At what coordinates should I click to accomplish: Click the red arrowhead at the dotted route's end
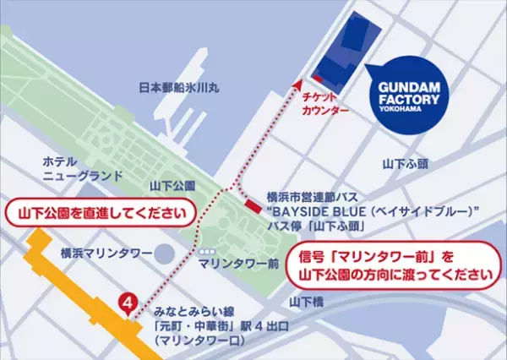click(298, 84)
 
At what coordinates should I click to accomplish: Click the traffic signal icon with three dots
click(202, 250)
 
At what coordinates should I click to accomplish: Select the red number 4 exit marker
click(128, 302)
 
